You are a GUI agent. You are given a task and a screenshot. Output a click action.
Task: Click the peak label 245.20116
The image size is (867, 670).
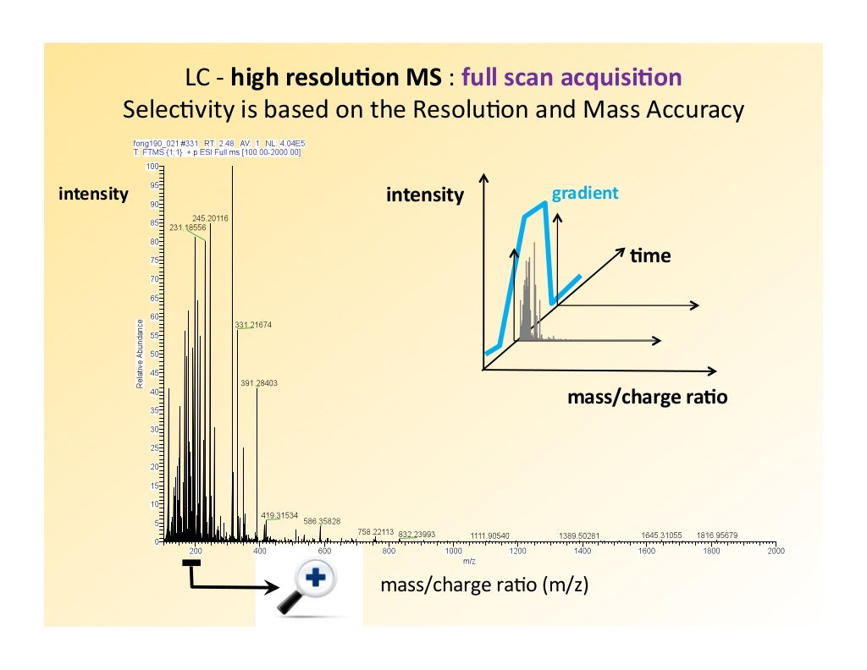point(210,218)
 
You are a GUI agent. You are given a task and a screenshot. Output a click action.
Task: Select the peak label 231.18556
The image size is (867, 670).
point(187,228)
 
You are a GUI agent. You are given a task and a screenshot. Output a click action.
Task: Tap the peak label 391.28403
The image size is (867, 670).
point(259,383)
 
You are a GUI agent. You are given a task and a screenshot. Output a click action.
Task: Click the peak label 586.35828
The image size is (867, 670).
point(322,521)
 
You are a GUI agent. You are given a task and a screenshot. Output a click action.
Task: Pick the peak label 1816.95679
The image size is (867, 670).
point(717,535)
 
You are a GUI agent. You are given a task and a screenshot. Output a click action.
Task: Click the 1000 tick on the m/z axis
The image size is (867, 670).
point(454,552)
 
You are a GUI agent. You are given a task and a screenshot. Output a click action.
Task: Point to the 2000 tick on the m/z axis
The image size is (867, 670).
point(775,552)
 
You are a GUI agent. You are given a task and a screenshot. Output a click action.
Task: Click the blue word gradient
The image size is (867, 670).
point(585,194)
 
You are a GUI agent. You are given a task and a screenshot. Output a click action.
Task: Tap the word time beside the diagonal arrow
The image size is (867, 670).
point(649,255)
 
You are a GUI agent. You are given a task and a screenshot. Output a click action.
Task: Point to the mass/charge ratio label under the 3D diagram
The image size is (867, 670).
point(647,396)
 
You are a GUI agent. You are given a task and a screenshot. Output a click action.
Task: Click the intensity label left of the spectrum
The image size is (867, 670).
point(93,194)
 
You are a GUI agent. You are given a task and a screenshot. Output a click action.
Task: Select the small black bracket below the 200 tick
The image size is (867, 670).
point(192,563)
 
